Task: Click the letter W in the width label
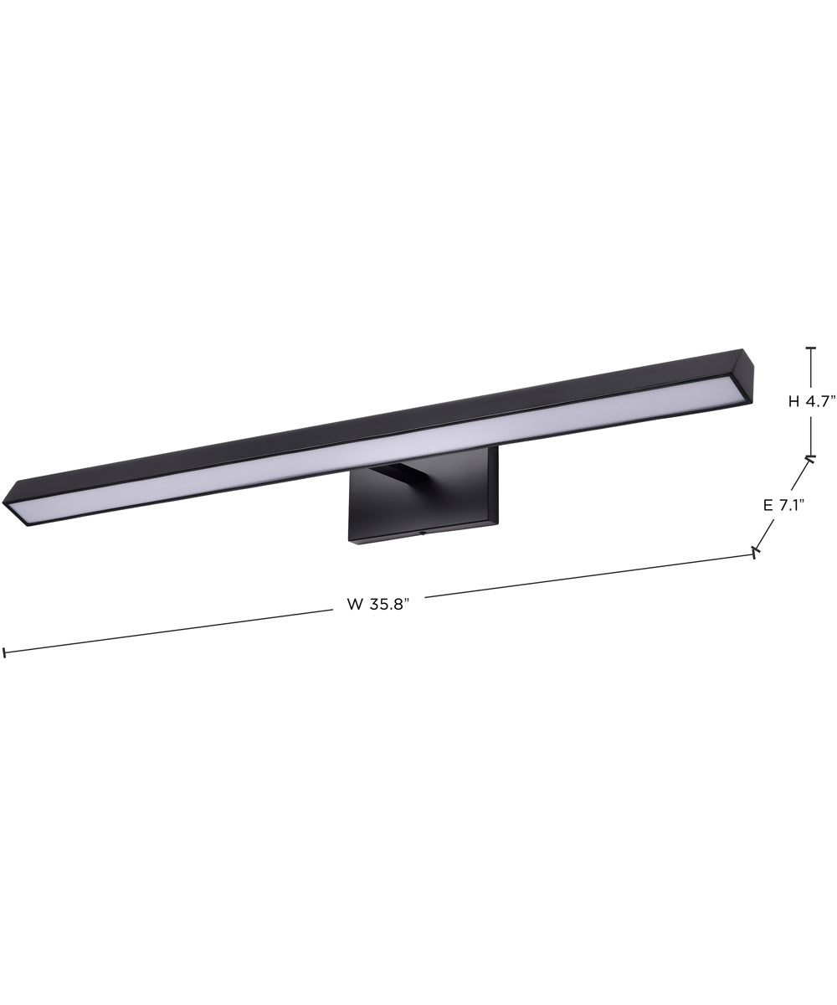click(x=355, y=605)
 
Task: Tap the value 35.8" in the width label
click(x=388, y=605)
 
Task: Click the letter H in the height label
click(x=793, y=401)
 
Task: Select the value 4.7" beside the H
click(x=821, y=401)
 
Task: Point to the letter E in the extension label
click(x=768, y=505)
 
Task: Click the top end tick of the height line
click(x=810, y=348)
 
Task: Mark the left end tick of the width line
click(x=4, y=652)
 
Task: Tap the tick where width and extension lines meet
click(x=756, y=552)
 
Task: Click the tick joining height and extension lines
click(x=810, y=457)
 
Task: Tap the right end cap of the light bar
click(x=746, y=378)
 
